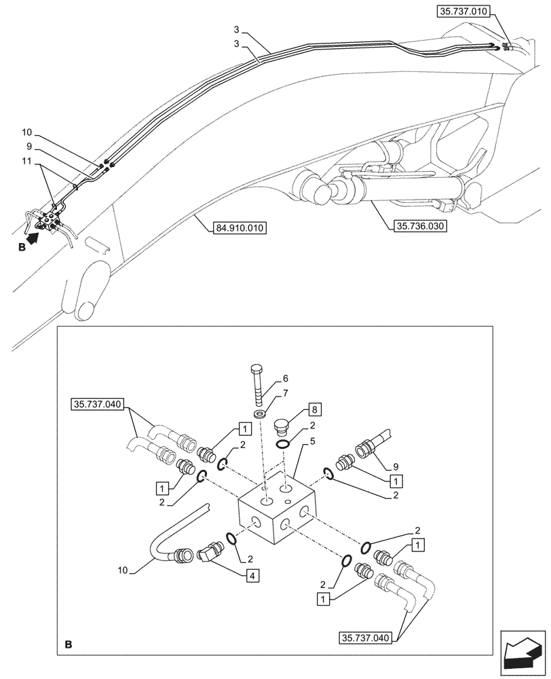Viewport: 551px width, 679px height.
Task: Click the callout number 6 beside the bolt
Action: coord(286,379)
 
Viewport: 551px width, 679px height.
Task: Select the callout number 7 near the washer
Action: coord(286,394)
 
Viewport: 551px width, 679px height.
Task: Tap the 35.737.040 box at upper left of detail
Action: coord(95,405)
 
